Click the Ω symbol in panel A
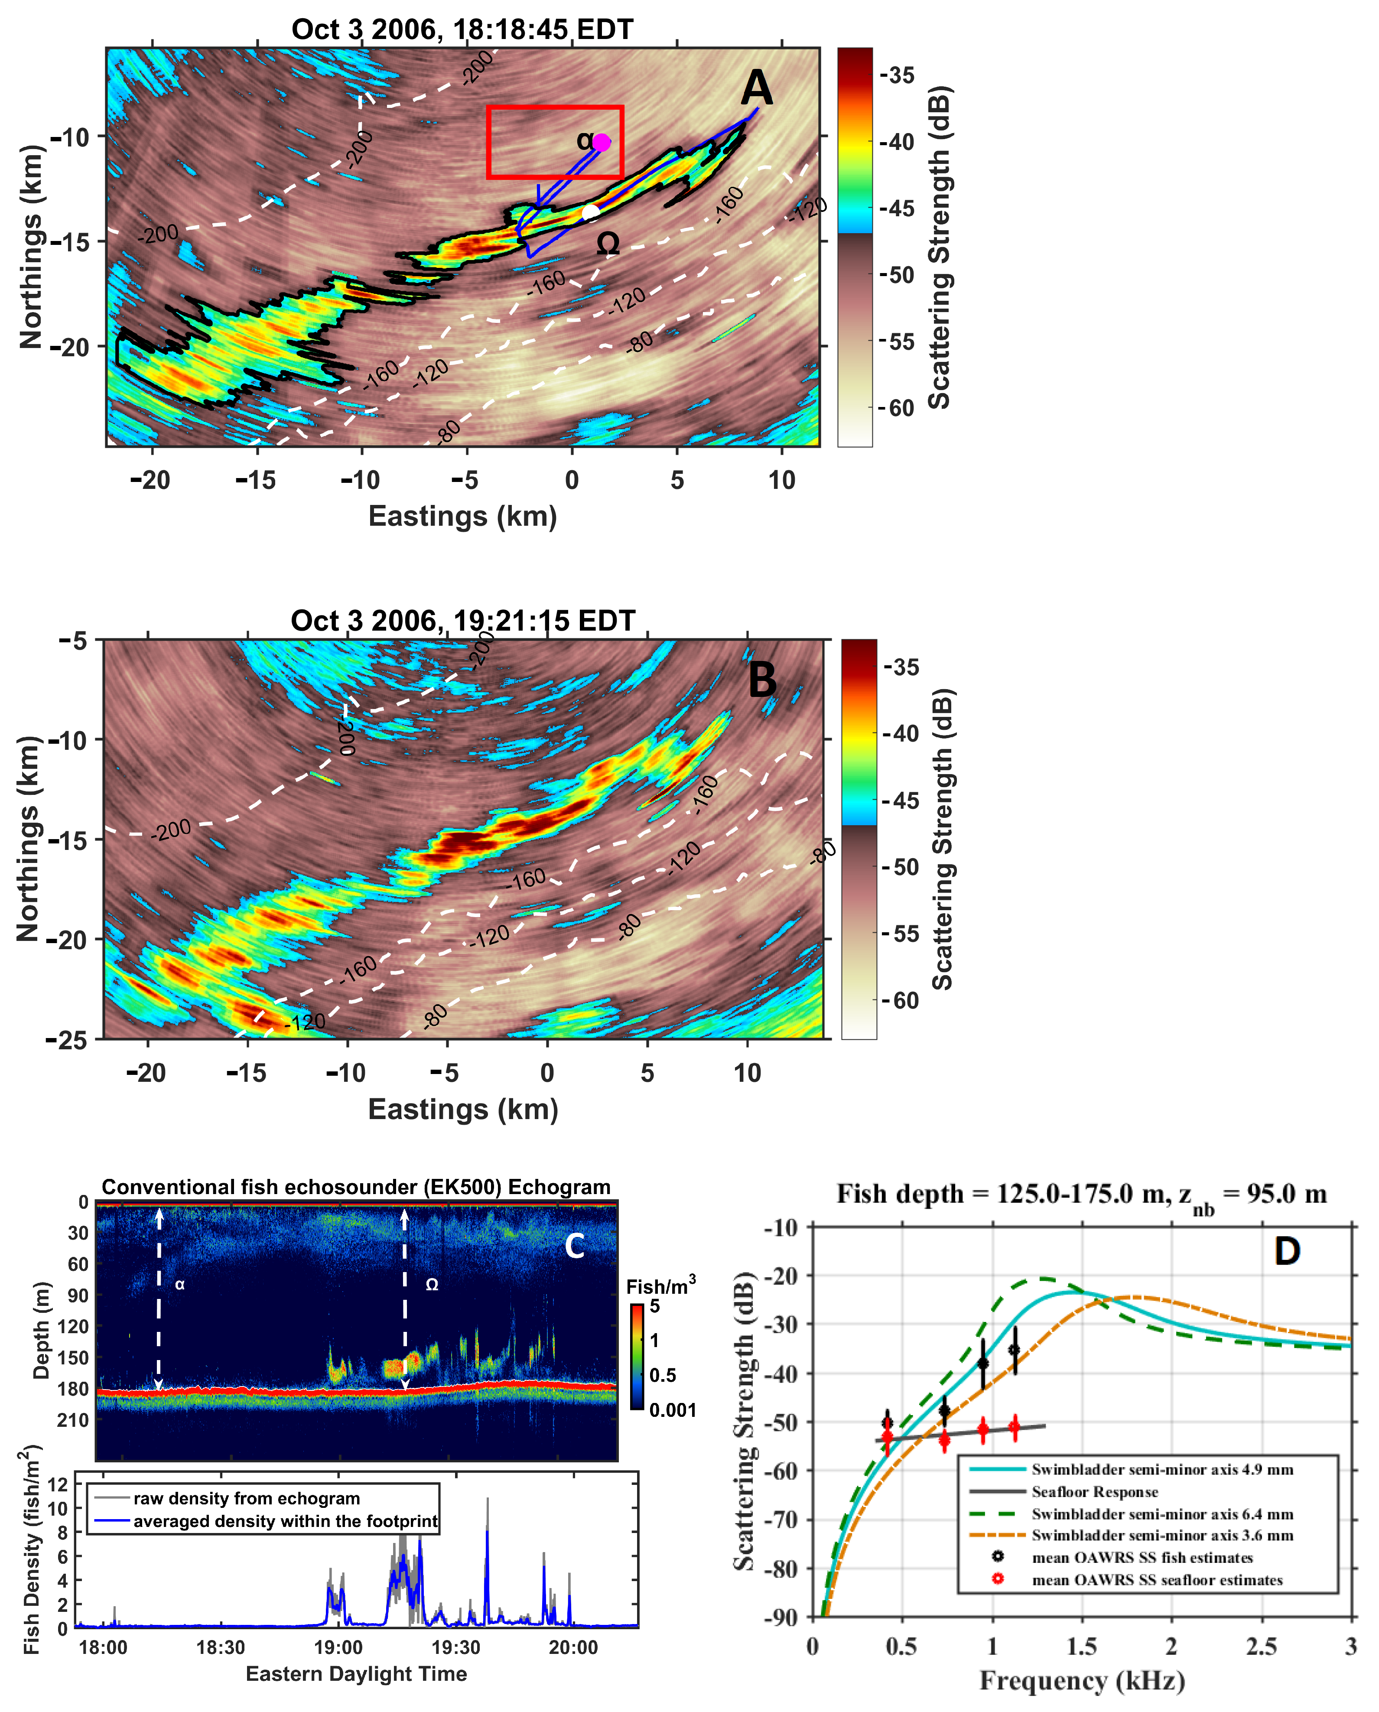pos(608,243)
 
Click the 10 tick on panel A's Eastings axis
pos(782,480)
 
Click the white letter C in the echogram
pos(574,1246)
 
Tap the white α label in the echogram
pos(179,1285)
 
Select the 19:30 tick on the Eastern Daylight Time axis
pos(455,1648)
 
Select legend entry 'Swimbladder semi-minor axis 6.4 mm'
pos(1161,1514)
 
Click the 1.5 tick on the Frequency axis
pos(1081,1647)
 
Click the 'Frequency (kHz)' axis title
pos(1082,1682)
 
